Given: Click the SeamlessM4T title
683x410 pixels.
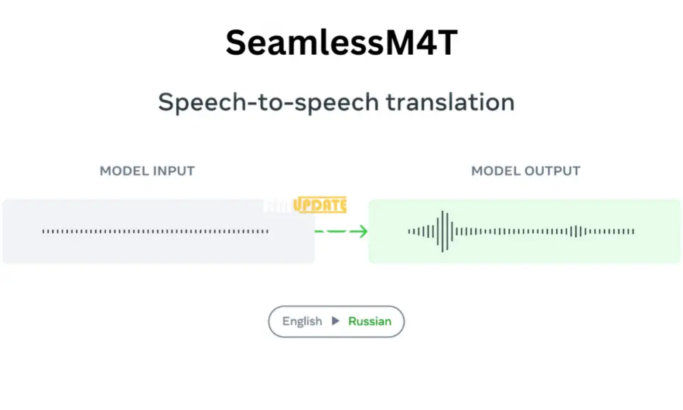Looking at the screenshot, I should [x=341, y=42].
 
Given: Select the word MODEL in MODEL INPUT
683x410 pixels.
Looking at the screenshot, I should [x=123, y=171].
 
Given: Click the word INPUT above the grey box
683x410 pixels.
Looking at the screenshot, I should [x=172, y=171].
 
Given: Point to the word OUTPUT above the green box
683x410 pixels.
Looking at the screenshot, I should [x=550, y=171].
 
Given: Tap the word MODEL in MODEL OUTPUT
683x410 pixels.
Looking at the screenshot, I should [x=494, y=171].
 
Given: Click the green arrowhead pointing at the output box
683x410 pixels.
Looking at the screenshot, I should [x=362, y=232].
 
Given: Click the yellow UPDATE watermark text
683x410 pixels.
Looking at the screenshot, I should [x=321, y=205].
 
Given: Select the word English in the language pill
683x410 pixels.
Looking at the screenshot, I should [x=302, y=321].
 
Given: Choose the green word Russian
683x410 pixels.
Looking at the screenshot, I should [x=370, y=321].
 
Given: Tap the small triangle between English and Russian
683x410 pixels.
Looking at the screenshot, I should [x=335, y=321].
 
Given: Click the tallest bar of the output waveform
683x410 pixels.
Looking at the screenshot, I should [x=445, y=232].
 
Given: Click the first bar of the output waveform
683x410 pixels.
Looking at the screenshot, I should [x=409, y=232].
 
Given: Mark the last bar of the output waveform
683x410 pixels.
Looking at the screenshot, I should [x=634, y=232].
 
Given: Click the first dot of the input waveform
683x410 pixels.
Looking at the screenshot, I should [x=43, y=232].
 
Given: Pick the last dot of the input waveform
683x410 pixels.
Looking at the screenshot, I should [x=268, y=232].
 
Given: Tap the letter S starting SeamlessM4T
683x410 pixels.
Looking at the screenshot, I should [x=236, y=42].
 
